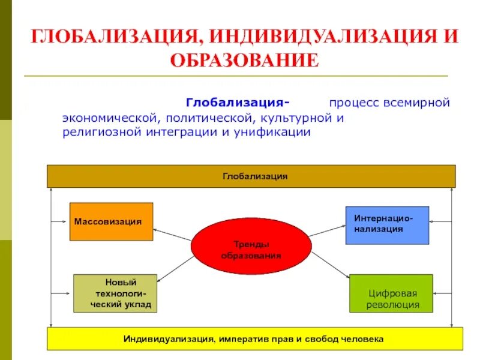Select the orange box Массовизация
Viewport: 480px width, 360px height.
click(111, 221)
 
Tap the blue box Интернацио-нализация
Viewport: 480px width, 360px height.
click(387, 225)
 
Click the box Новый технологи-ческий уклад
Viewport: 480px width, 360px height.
click(115, 293)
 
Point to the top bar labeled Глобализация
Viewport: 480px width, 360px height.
click(251, 176)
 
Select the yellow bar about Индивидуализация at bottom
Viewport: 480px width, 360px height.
click(255, 339)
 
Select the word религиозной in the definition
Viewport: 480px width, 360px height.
click(101, 132)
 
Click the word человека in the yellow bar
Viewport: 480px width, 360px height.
click(361, 339)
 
